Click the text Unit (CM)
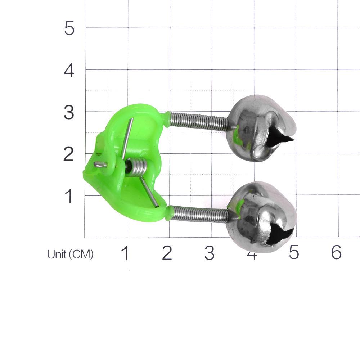70,255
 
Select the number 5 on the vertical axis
69,28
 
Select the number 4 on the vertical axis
69,71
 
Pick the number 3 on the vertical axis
69,113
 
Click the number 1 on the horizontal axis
125,254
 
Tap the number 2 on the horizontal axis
167,254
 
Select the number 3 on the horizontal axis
210,254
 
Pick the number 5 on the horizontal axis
294,253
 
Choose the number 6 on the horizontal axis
336,253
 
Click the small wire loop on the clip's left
100,165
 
